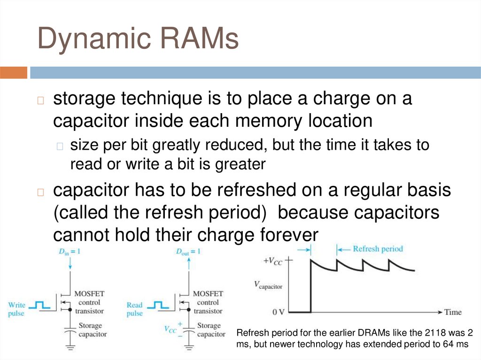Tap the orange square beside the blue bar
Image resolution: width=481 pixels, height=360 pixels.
pyautogui.click(x=13, y=72)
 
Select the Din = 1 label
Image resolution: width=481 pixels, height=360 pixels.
pyautogui.click(x=70, y=252)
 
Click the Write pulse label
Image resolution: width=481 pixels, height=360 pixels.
pyautogui.click(x=16, y=309)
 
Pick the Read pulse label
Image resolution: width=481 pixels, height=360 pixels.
pyautogui.click(x=135, y=309)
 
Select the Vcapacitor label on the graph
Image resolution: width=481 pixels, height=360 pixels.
pyautogui.click(x=268, y=285)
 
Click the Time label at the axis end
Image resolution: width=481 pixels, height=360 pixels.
pyautogui.click(x=453, y=312)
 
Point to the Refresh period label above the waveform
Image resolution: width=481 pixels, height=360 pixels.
pyautogui.click(x=378, y=249)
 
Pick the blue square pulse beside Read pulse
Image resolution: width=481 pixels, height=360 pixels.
pyautogui.click(x=158, y=306)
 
